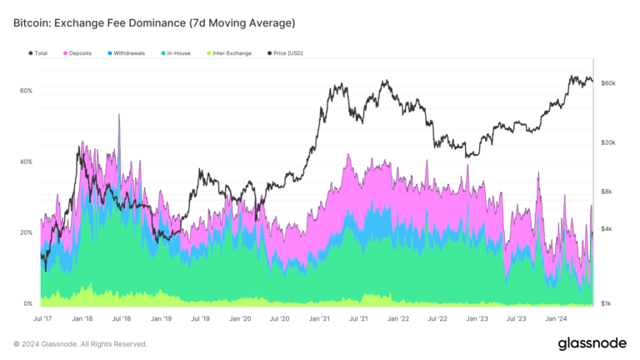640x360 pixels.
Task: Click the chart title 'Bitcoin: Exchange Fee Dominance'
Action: (154, 22)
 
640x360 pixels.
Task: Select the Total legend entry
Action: (38, 53)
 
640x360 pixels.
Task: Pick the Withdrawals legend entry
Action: (127, 53)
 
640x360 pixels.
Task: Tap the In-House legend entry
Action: (176, 53)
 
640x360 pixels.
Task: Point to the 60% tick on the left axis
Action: (27, 91)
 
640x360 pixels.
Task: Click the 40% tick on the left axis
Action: (27, 162)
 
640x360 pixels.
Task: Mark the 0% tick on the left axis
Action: (28, 304)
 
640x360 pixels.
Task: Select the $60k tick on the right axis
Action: (608, 83)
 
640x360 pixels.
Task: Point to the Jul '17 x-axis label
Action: (42, 318)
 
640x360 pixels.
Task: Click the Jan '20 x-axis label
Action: (240, 318)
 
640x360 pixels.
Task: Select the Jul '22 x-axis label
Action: (437, 318)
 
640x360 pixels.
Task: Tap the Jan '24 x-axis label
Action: (556, 318)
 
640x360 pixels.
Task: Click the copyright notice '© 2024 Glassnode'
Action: (80, 344)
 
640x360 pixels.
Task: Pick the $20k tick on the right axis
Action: (608, 142)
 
